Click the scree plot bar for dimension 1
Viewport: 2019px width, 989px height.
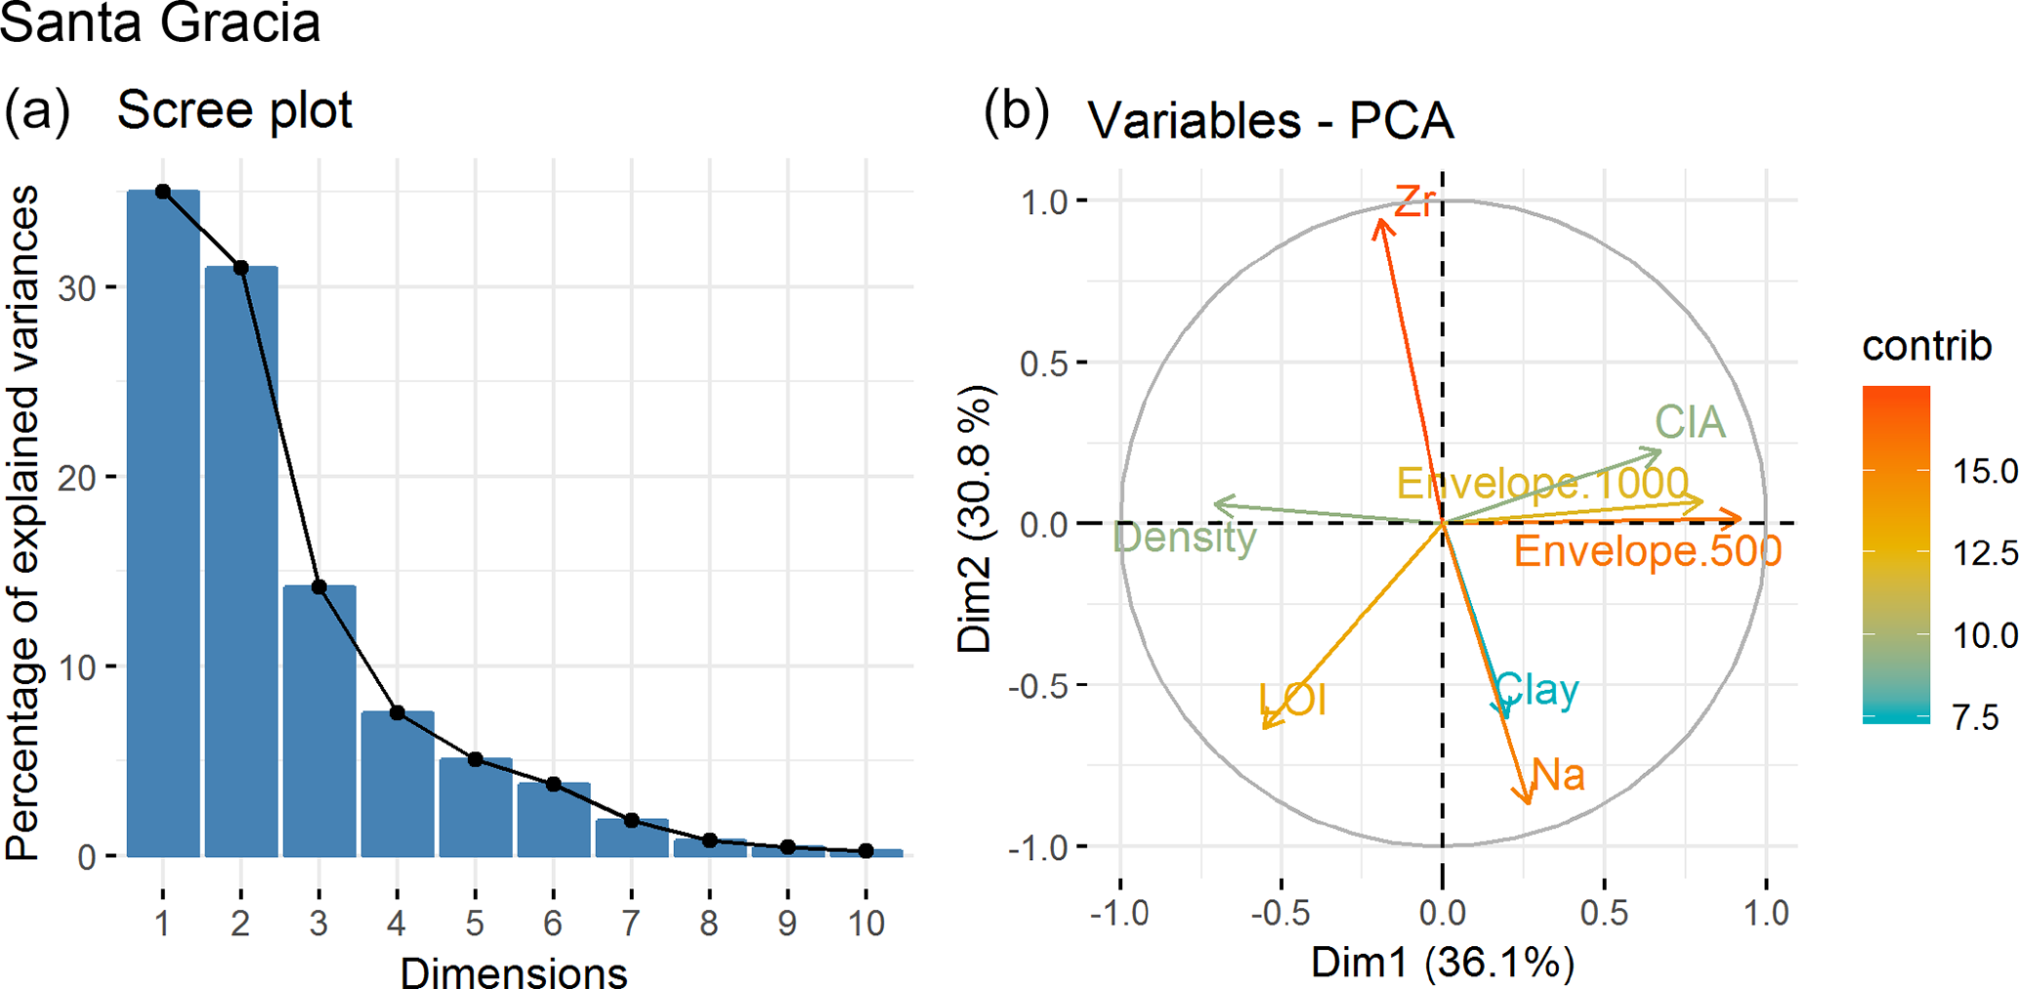163,523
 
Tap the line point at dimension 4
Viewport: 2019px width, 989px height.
398,713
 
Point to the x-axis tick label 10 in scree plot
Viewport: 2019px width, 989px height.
865,922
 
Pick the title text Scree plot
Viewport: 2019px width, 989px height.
234,109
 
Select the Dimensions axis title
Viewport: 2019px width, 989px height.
514,972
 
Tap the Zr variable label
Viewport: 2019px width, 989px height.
1415,201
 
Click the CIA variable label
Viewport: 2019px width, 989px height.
1690,422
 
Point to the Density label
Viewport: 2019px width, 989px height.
1184,537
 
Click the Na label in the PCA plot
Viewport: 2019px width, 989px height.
1558,775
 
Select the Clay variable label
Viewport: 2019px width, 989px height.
1536,689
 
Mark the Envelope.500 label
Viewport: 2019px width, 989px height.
1648,551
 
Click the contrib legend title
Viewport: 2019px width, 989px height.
1926,346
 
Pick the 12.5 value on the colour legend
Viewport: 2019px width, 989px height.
1984,554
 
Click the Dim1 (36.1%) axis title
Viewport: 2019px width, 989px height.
1442,963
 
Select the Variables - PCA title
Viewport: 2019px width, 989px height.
1271,121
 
